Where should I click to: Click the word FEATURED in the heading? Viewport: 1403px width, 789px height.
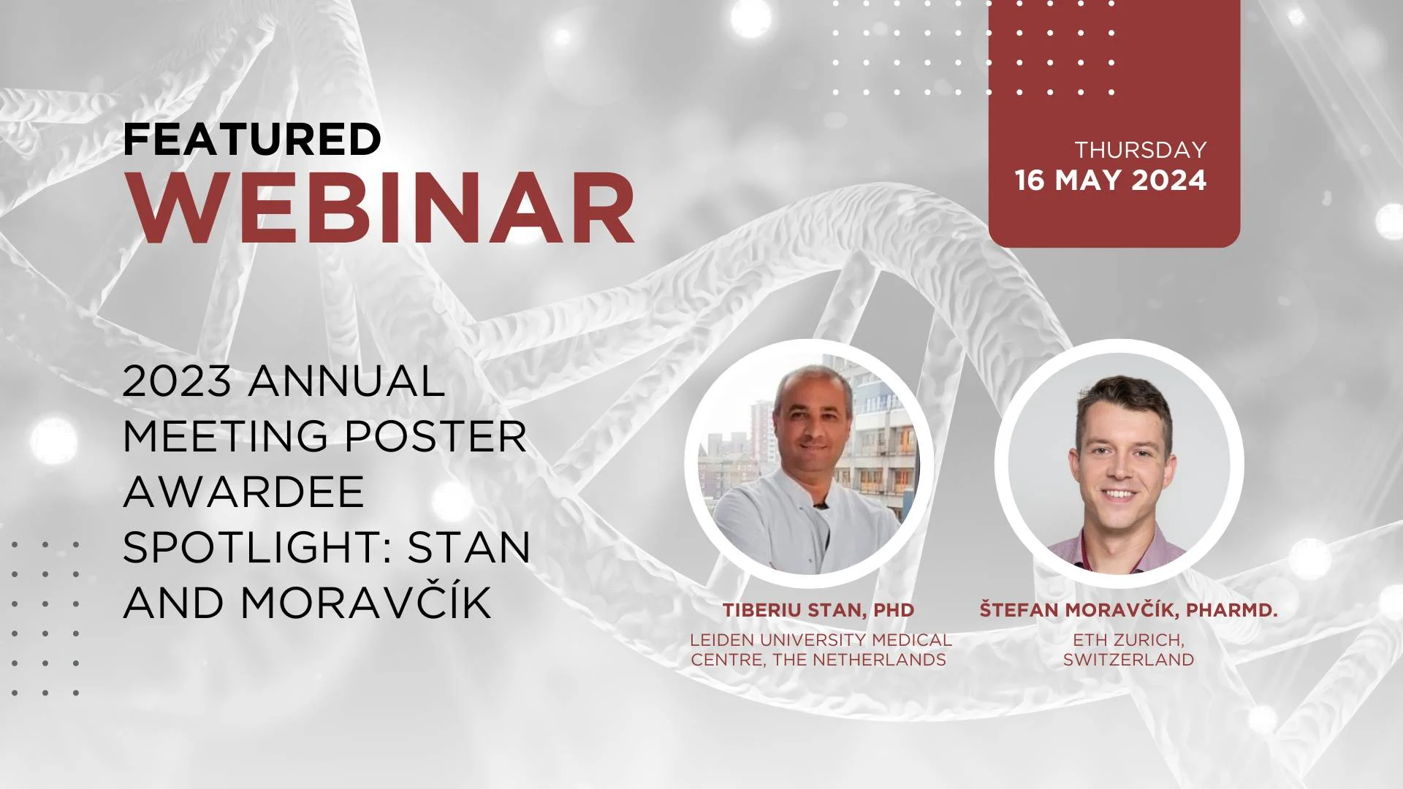coord(252,139)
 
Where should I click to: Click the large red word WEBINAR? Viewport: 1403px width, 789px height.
coord(380,209)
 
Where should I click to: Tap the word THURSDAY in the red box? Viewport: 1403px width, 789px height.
coord(1140,150)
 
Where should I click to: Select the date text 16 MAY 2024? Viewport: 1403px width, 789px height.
coord(1111,180)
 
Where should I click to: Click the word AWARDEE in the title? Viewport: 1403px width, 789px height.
coord(243,491)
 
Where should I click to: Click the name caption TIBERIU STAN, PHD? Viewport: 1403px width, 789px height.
coord(818,610)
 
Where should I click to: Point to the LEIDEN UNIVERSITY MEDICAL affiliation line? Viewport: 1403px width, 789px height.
coord(821,640)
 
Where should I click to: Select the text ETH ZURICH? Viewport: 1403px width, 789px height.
coord(1129,641)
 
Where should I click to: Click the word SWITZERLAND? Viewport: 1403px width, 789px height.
coord(1129,660)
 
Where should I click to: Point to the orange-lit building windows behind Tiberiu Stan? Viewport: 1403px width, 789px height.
coord(881,468)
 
